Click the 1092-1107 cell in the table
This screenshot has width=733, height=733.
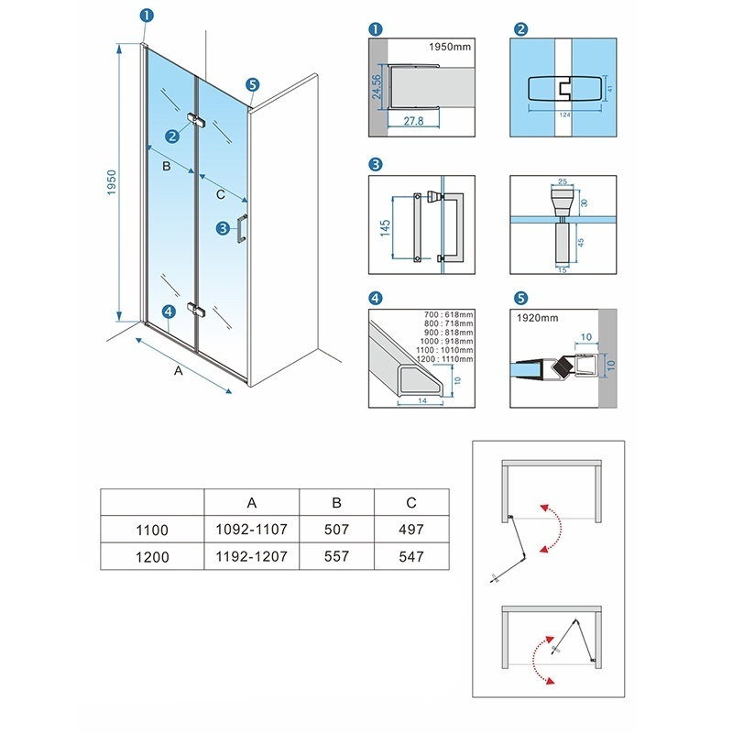(x=251, y=530)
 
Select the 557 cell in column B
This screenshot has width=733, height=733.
(x=336, y=556)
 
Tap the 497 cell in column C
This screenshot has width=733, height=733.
(x=411, y=530)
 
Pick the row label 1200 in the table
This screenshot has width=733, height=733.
(x=152, y=557)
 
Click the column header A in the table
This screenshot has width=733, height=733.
(x=251, y=502)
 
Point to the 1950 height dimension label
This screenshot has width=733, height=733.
(x=111, y=182)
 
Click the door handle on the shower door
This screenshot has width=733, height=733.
(x=242, y=228)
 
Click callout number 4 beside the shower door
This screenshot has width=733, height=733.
(x=169, y=312)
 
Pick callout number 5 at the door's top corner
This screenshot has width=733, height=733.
(x=253, y=84)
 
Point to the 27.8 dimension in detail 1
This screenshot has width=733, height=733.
(x=414, y=121)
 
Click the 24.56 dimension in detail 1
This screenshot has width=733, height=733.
(x=377, y=87)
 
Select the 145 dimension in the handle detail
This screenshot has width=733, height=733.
(x=385, y=227)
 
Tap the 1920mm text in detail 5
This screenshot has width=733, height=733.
(x=537, y=318)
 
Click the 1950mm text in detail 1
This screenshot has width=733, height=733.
(x=450, y=47)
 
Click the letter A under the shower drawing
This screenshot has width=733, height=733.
(x=178, y=371)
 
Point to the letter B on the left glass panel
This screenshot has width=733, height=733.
(x=167, y=167)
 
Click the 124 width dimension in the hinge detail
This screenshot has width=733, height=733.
(x=564, y=115)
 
